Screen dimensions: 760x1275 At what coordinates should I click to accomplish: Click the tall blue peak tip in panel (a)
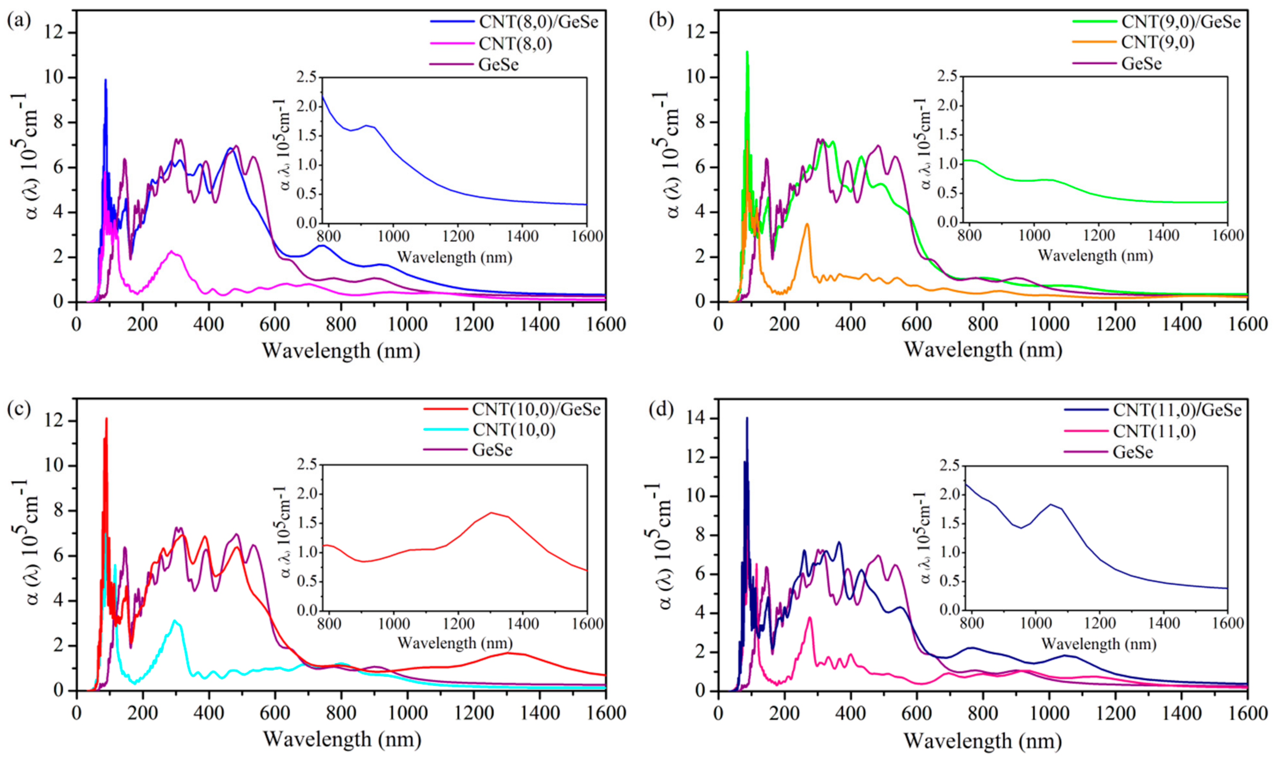(x=106, y=80)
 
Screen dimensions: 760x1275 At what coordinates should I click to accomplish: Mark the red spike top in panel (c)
(x=106, y=419)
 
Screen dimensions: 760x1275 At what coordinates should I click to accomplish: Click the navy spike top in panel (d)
(x=747, y=418)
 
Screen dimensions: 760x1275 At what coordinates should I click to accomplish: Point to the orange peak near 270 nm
(x=807, y=224)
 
